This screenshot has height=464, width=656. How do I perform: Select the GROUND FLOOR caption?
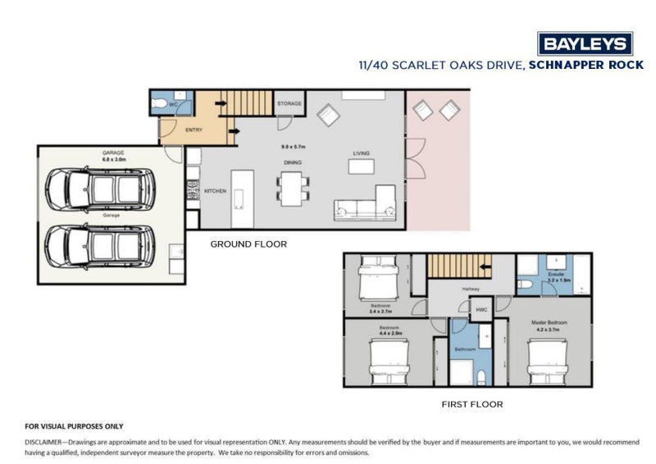click(248, 244)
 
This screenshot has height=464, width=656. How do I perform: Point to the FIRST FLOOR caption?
click(471, 404)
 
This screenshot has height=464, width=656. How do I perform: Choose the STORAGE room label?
click(289, 104)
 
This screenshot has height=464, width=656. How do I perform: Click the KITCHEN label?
click(215, 191)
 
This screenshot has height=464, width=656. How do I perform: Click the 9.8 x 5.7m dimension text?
click(293, 146)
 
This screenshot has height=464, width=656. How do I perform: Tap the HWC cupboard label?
click(481, 310)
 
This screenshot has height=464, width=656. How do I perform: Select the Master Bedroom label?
click(549, 323)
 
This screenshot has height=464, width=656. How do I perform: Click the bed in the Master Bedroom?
click(549, 360)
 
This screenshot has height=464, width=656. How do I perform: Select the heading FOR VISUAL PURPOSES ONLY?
click(74, 426)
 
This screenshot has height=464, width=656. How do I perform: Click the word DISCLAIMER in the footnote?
click(48, 441)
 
